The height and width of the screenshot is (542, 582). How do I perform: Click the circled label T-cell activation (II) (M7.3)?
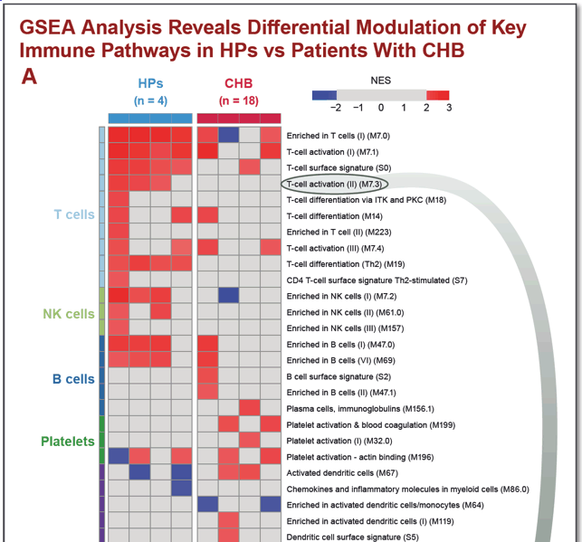click(334, 184)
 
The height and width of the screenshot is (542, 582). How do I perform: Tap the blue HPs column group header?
click(150, 83)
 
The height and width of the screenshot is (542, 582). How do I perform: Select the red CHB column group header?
click(238, 83)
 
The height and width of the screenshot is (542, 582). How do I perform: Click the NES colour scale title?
click(380, 81)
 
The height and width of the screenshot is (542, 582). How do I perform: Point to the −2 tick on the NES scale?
click(336, 108)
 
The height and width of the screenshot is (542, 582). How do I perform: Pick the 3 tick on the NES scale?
click(449, 108)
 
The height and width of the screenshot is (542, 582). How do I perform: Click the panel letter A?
click(29, 77)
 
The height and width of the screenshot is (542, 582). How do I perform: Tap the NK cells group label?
click(69, 314)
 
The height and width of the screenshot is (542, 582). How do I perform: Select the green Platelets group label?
click(68, 442)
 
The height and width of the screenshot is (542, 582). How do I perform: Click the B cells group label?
click(73, 379)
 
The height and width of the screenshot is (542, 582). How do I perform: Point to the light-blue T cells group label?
click(74, 214)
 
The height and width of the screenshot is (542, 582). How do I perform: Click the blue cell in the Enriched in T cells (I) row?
click(228, 135)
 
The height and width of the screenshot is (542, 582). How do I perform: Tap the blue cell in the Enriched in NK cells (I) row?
click(228, 296)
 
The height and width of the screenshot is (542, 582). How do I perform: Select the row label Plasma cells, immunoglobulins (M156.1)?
click(360, 409)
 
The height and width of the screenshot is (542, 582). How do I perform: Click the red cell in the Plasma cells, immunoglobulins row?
click(250, 408)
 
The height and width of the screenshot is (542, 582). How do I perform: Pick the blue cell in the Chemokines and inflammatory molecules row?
click(182, 489)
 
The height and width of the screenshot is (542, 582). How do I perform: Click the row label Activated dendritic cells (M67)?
click(342, 473)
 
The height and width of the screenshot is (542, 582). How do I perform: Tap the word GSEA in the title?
click(48, 27)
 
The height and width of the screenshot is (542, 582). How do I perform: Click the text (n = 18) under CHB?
click(238, 100)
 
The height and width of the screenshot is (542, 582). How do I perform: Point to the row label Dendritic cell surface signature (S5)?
click(352, 537)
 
